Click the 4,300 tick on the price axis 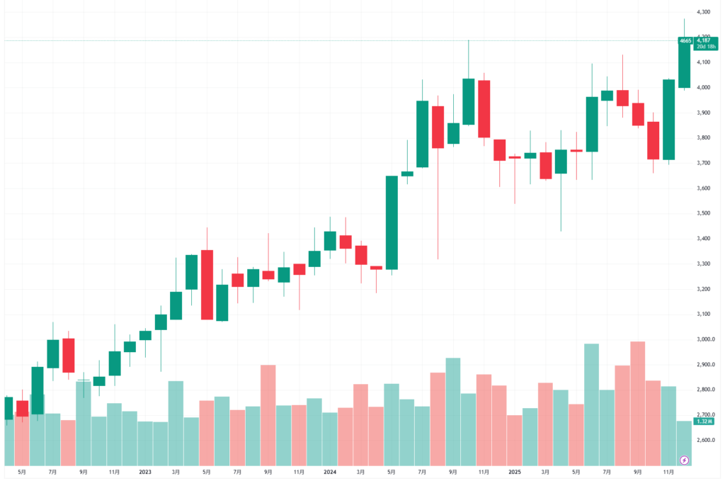click(703, 12)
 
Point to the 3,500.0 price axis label click(703, 213)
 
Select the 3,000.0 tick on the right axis click(703, 339)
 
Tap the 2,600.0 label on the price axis click(703, 440)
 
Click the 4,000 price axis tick click(703, 88)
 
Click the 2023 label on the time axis click(145, 470)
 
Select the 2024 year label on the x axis click(329, 470)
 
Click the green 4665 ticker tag click(685, 41)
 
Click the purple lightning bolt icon click(684, 460)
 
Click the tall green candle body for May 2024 click(391, 222)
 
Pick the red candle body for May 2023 click(207, 285)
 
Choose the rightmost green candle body click(684, 64)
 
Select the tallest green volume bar click(591, 404)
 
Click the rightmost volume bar click(684, 443)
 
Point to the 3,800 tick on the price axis click(703, 138)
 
